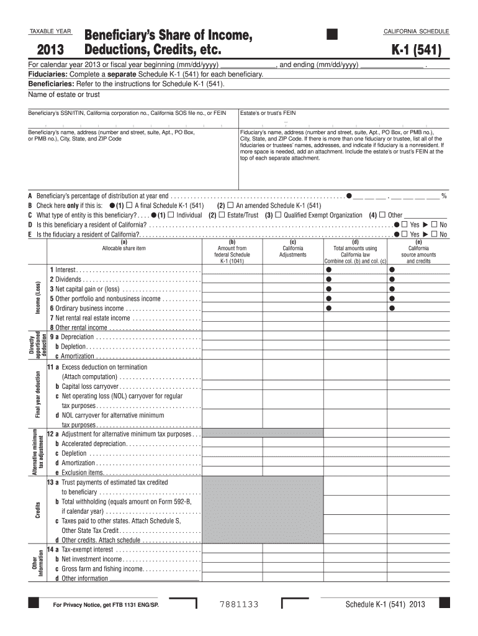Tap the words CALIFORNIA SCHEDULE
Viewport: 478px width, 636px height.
[417, 31]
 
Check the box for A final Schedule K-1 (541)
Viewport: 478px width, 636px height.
[129, 206]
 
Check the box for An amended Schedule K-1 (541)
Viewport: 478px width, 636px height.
[230, 206]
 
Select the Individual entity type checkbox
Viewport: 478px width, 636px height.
[171, 215]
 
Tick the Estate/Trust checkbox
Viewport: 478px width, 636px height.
[222, 215]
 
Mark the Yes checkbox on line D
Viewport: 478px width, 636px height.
[404, 224]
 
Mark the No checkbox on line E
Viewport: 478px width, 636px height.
[434, 234]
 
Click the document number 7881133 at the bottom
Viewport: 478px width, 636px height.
[239, 604]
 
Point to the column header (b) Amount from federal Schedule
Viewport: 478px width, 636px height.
[232, 251]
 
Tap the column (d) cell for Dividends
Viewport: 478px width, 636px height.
[355, 279]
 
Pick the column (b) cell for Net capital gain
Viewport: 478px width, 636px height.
[232, 289]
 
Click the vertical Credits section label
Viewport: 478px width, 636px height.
[38, 511]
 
